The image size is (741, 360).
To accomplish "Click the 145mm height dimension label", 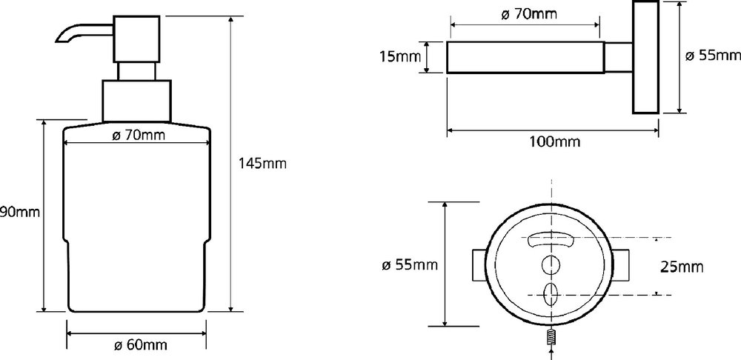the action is [x=263, y=164].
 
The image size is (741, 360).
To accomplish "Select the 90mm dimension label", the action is [x=20, y=212].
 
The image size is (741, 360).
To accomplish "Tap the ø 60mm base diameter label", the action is [x=140, y=345].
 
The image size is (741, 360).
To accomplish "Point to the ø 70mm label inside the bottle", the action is [x=139, y=136].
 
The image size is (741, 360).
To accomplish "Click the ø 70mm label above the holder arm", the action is [x=529, y=14].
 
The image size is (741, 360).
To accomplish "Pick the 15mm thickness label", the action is [x=400, y=57].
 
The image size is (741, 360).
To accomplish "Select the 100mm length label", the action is [x=554, y=141].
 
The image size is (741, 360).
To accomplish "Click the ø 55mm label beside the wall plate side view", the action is [x=713, y=56].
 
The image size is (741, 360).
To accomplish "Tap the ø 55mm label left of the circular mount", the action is [x=410, y=265].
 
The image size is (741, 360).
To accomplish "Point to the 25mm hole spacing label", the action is [x=682, y=267].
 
